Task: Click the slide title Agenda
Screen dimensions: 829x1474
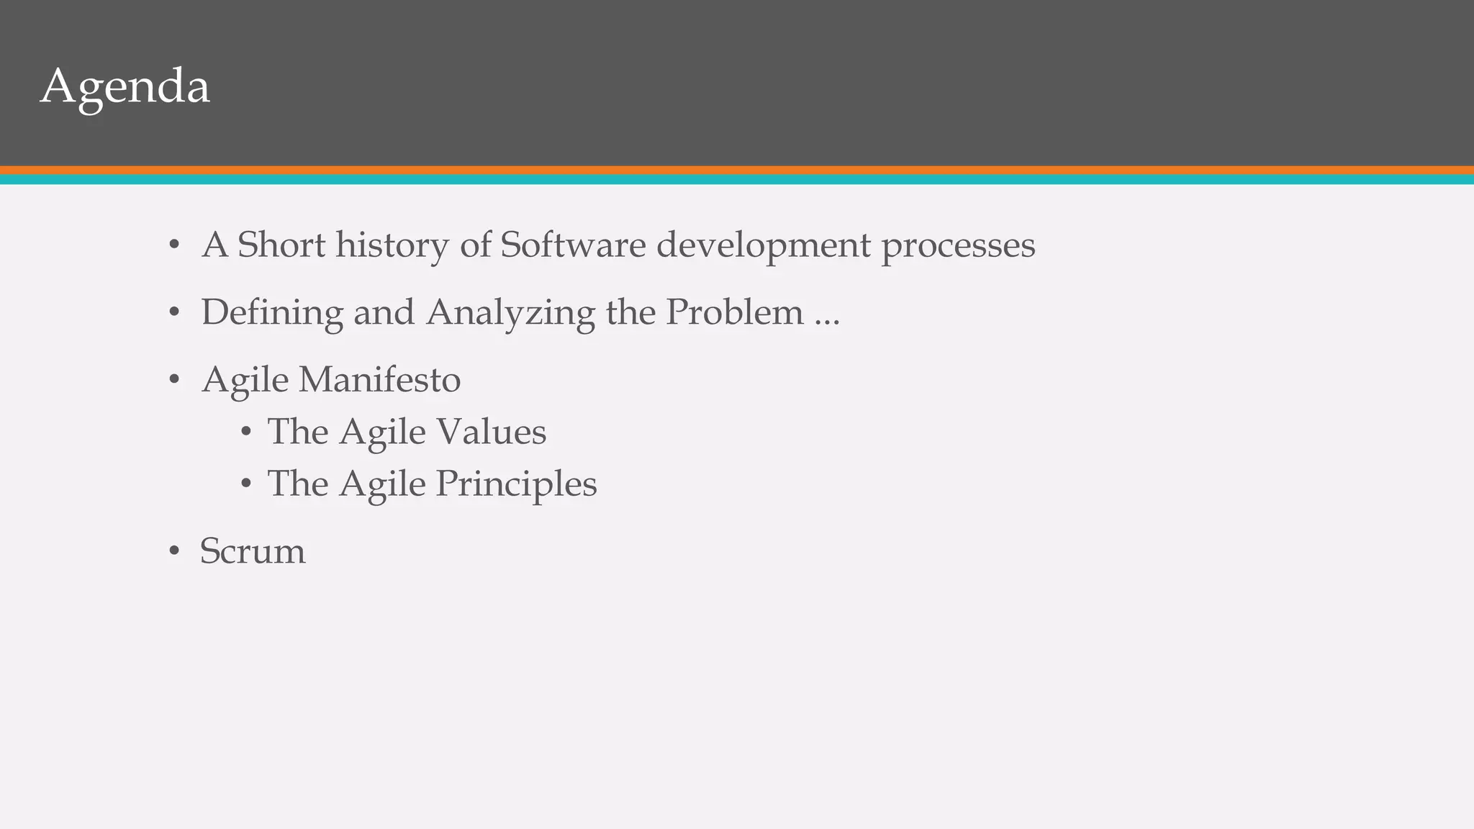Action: pyautogui.click(x=125, y=87)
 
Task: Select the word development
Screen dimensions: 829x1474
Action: pyautogui.click(x=764, y=246)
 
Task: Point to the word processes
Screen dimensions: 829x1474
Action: pyautogui.click(x=958, y=246)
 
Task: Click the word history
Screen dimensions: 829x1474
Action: pyautogui.click(x=392, y=246)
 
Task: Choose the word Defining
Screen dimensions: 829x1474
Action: pyautogui.click(x=272, y=313)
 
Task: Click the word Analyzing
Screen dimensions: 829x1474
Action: pyautogui.click(x=510, y=313)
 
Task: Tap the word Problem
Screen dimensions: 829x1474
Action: pyautogui.click(x=734, y=312)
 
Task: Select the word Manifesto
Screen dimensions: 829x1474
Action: pyautogui.click(x=379, y=379)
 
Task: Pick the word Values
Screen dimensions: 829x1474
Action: pyautogui.click(x=492, y=432)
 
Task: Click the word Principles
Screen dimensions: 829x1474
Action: pyautogui.click(x=516, y=484)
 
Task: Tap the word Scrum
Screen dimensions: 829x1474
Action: pyautogui.click(x=253, y=551)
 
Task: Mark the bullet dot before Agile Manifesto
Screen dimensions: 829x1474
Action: pyautogui.click(x=173, y=381)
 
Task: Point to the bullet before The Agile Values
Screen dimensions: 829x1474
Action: pyautogui.click(x=246, y=432)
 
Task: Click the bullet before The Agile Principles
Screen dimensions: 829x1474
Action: pyautogui.click(x=246, y=484)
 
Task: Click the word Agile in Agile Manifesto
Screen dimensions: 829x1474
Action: pyautogui.click(x=245, y=381)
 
